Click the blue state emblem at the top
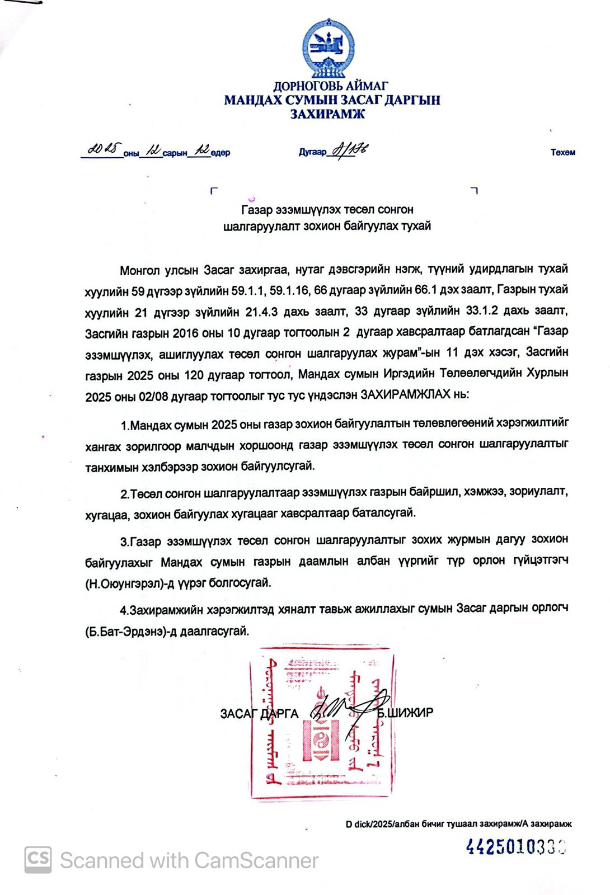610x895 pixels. click(x=328, y=47)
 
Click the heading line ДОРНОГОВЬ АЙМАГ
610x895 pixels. click(x=330, y=86)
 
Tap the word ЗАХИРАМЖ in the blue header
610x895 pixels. click(x=327, y=114)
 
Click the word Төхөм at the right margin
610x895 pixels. click(x=562, y=152)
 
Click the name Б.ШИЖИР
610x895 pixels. click(x=405, y=713)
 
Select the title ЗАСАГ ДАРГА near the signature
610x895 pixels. click(x=259, y=713)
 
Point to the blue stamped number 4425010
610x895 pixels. click(x=515, y=847)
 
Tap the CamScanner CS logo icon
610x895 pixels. click(x=37, y=859)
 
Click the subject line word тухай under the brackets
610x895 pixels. click(x=415, y=227)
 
